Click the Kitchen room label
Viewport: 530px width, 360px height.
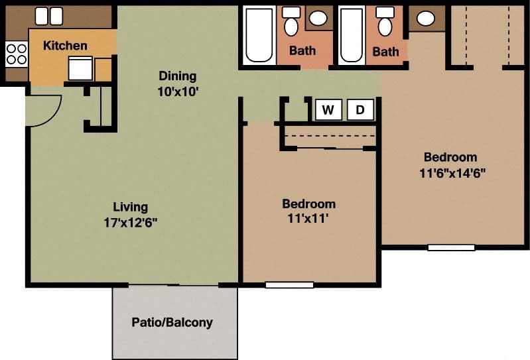pyautogui.click(x=65, y=46)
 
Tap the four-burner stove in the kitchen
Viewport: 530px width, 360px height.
pyautogui.click(x=16, y=53)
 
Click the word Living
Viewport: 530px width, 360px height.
pyautogui.click(x=130, y=206)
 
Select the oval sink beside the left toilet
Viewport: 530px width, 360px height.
pyautogui.click(x=318, y=19)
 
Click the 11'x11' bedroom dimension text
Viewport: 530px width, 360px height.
pyautogui.click(x=308, y=219)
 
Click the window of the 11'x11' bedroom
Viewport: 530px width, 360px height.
pyautogui.click(x=289, y=285)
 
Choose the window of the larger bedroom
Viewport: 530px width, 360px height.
pyautogui.click(x=451, y=248)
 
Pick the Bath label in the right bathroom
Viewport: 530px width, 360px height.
pyautogui.click(x=385, y=51)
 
